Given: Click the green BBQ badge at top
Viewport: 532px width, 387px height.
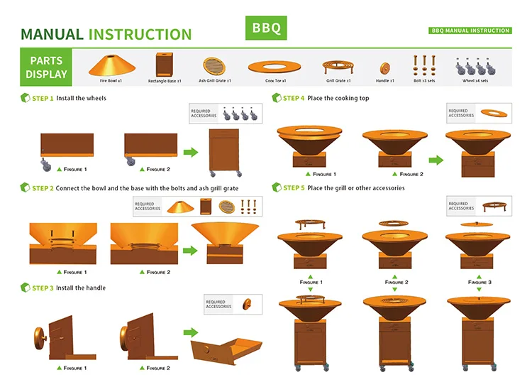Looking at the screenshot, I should click(267, 28).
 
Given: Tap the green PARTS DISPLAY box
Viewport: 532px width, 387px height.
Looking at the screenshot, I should click(46, 67).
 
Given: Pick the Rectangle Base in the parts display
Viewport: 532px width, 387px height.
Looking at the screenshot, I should click(165, 65).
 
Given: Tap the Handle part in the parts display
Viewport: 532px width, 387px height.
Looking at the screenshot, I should click(384, 69).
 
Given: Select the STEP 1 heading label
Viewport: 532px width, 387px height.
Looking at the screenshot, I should click(43, 98).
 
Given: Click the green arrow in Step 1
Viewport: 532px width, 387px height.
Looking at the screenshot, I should click(190, 151).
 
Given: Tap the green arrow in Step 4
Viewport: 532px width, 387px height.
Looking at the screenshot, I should click(436, 160).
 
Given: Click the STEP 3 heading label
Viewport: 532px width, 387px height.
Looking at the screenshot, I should click(43, 288).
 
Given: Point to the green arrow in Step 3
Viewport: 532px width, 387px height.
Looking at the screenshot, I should click(190, 332).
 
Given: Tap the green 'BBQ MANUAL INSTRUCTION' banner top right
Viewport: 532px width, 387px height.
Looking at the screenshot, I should click(470, 31).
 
